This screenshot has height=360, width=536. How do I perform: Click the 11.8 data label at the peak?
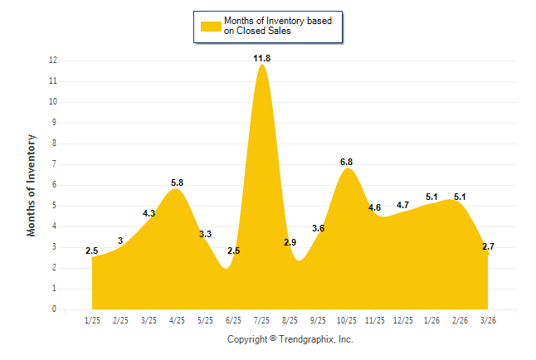coord(262,58)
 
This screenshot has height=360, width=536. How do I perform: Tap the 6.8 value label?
coord(346,162)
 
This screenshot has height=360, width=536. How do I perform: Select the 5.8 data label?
coord(177,183)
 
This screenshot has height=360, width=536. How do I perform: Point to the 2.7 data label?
coord(488,246)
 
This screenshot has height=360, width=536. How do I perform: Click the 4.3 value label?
coord(149,213)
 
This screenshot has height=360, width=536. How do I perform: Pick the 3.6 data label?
coord(319,228)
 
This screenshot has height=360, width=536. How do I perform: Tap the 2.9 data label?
coord(290,242)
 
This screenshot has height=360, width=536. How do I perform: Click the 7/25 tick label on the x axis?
coord(261,320)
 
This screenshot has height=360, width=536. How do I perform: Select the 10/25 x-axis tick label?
coord(347,320)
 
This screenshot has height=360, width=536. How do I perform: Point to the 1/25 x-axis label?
coord(92,320)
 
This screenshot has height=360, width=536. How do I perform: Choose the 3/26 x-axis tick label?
coord(488,320)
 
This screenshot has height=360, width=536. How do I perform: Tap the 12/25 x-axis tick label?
coord(403,320)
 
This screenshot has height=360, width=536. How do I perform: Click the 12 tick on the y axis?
coord(53,61)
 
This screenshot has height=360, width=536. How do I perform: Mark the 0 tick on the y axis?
coord(54,309)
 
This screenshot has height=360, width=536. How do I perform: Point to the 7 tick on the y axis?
coord(54,163)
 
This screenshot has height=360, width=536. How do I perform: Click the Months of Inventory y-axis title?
coord(31,185)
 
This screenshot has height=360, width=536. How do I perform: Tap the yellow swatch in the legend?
coord(211,27)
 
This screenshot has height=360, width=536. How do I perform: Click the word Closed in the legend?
coord(250,31)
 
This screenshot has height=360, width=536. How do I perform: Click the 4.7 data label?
coord(402,205)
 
